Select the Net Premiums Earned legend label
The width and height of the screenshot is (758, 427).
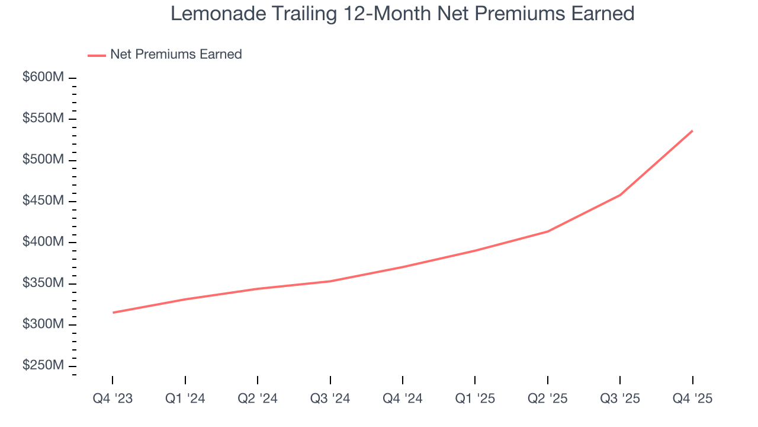click(x=176, y=55)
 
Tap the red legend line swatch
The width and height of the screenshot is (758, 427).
click(x=97, y=55)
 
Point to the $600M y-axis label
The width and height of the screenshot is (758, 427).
click(x=43, y=78)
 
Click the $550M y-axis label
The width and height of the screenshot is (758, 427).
click(x=43, y=119)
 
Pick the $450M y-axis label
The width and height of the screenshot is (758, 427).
click(x=43, y=202)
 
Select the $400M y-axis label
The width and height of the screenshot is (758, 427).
click(x=43, y=243)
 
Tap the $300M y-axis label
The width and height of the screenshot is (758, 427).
click(x=43, y=325)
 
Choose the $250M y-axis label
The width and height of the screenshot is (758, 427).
click(x=43, y=366)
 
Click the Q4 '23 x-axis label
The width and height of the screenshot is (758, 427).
click(x=113, y=399)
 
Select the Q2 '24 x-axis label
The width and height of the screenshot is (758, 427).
click(x=258, y=399)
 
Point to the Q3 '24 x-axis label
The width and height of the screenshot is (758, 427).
click(x=330, y=399)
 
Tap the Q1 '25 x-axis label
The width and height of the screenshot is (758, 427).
click(x=475, y=399)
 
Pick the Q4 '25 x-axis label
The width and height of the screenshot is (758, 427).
click(x=692, y=399)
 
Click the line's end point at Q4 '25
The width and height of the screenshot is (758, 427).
click(x=692, y=131)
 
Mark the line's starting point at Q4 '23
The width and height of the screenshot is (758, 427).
click(x=113, y=313)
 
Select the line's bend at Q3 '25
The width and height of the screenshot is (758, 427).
click(x=620, y=195)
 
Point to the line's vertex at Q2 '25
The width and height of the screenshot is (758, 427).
click(x=548, y=231)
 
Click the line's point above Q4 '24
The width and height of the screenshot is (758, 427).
click(x=403, y=267)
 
